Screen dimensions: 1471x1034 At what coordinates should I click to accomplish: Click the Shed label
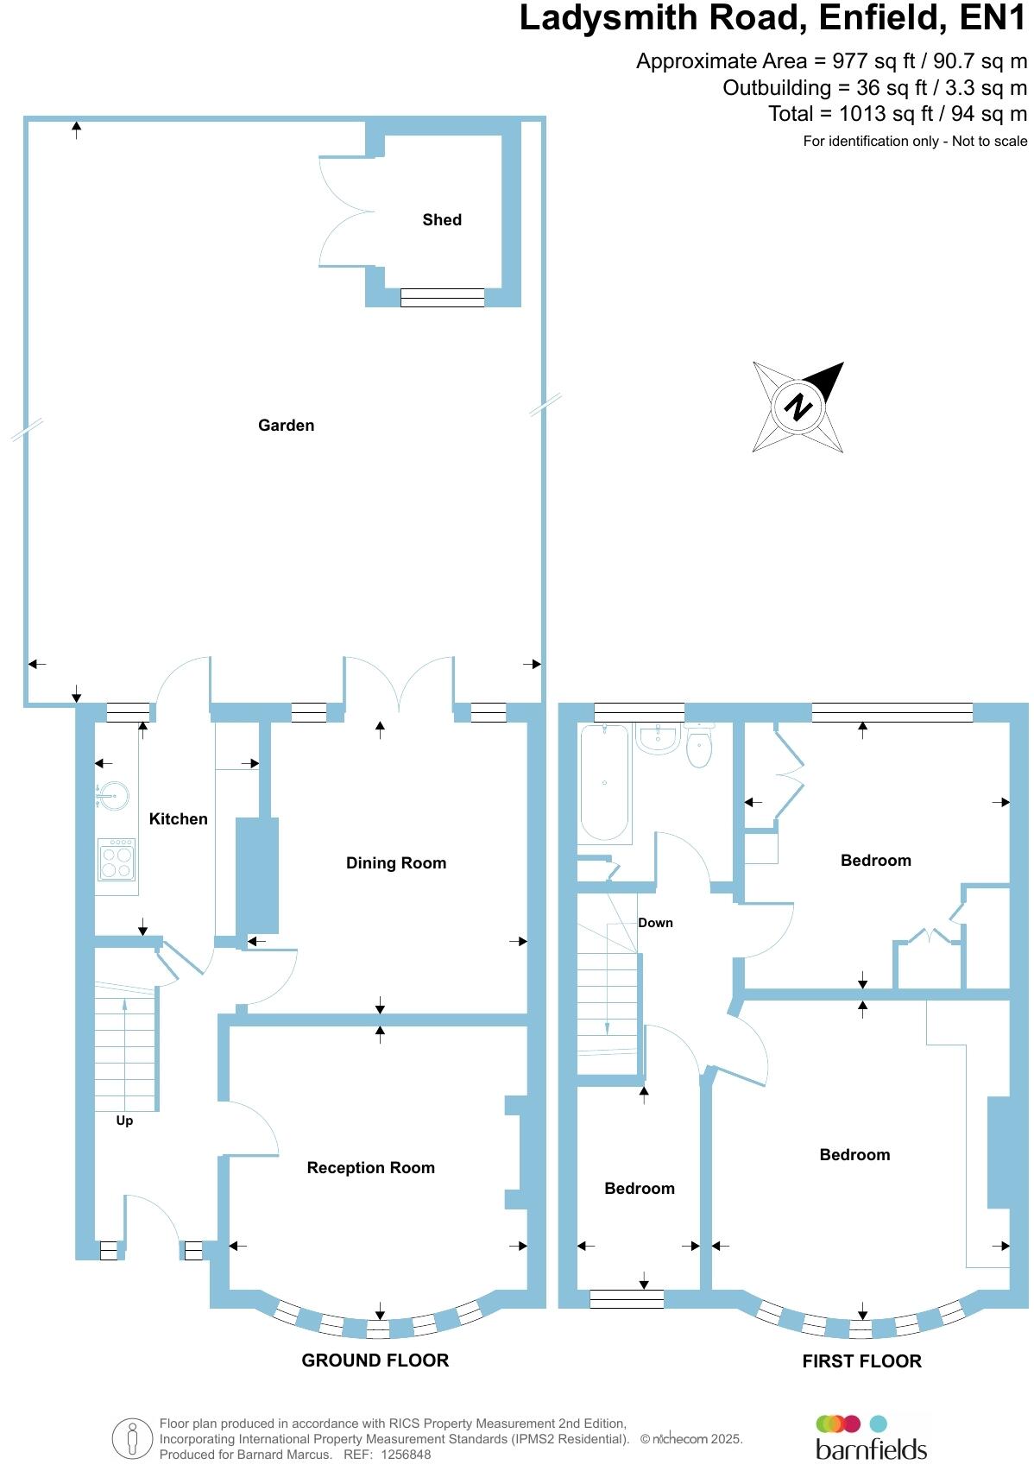(442, 220)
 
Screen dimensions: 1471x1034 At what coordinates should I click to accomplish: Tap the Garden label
(286, 425)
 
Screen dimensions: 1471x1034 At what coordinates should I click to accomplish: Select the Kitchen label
(179, 818)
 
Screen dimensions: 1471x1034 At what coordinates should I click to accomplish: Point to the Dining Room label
(396, 862)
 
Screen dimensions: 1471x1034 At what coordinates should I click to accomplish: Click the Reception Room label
(371, 1167)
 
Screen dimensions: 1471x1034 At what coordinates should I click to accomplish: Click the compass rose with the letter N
(798, 407)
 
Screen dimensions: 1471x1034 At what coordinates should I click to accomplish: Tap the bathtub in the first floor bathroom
(604, 783)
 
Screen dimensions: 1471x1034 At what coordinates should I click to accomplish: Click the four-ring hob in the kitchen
(117, 859)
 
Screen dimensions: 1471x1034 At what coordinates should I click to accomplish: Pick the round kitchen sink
(113, 794)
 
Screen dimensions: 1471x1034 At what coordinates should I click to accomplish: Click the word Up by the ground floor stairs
(124, 1121)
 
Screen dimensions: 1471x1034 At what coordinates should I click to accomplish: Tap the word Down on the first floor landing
(655, 923)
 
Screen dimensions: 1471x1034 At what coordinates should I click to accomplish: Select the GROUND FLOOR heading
(375, 1361)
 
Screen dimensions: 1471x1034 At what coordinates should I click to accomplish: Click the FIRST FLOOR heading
(861, 1361)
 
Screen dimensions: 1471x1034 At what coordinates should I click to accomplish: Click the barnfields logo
(871, 1439)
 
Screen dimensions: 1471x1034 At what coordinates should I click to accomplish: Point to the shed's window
(443, 298)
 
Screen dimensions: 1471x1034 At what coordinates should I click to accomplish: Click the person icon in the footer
(132, 1439)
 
